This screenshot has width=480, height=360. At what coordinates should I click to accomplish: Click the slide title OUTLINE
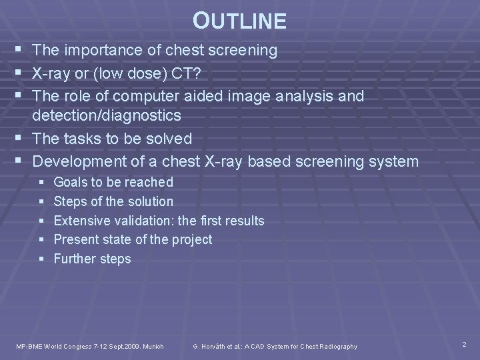click(239, 21)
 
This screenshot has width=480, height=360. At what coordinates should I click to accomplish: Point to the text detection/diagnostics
click(107, 116)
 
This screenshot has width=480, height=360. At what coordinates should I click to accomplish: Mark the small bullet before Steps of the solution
click(41, 202)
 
